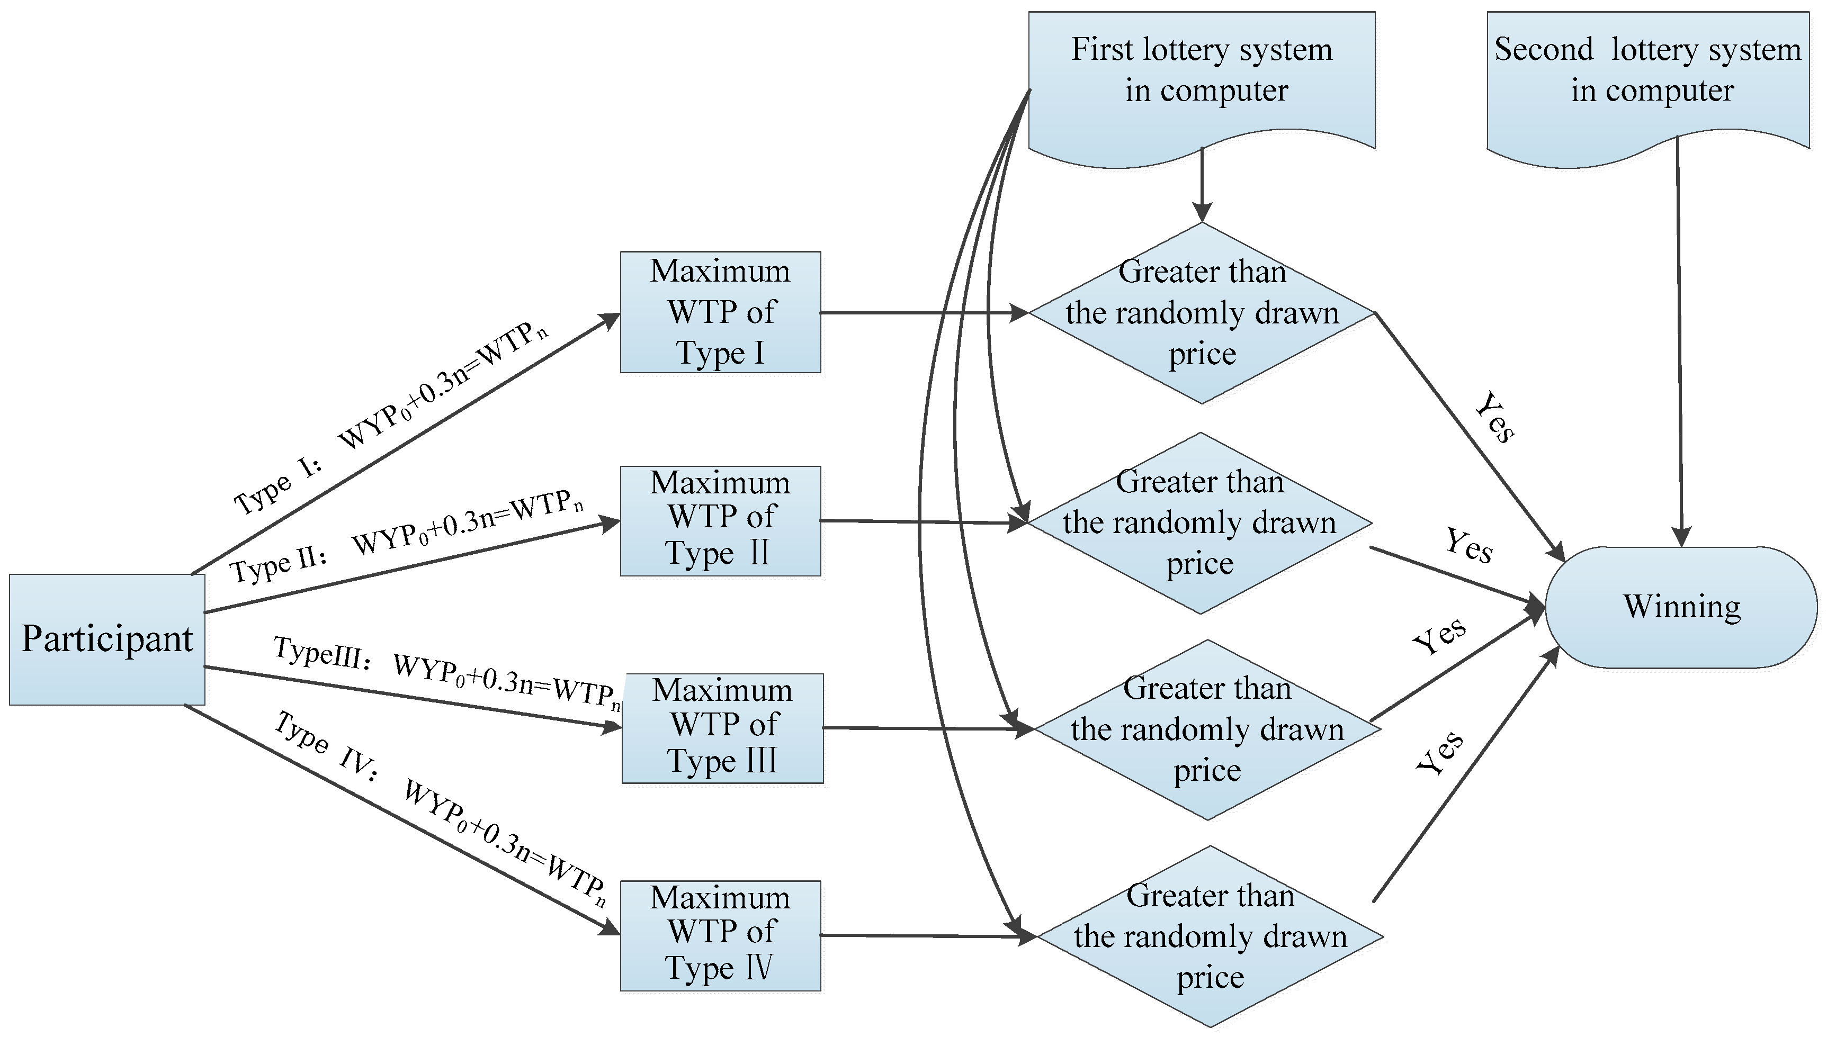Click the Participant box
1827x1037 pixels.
[x=107, y=639]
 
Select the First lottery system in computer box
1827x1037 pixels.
[x=1202, y=71]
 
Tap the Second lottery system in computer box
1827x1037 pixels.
[x=1647, y=71]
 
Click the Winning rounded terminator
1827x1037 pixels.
[x=1681, y=607]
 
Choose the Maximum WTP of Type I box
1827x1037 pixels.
[x=720, y=312]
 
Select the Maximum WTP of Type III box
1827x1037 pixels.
[x=722, y=727]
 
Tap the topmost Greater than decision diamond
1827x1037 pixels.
[x=1202, y=313]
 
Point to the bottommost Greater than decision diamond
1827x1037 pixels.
[x=1210, y=936]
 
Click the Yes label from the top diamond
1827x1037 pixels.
[x=1494, y=418]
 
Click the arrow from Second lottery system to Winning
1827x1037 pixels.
[x=1680, y=342]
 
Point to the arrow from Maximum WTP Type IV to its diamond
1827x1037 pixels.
[x=926, y=936]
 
